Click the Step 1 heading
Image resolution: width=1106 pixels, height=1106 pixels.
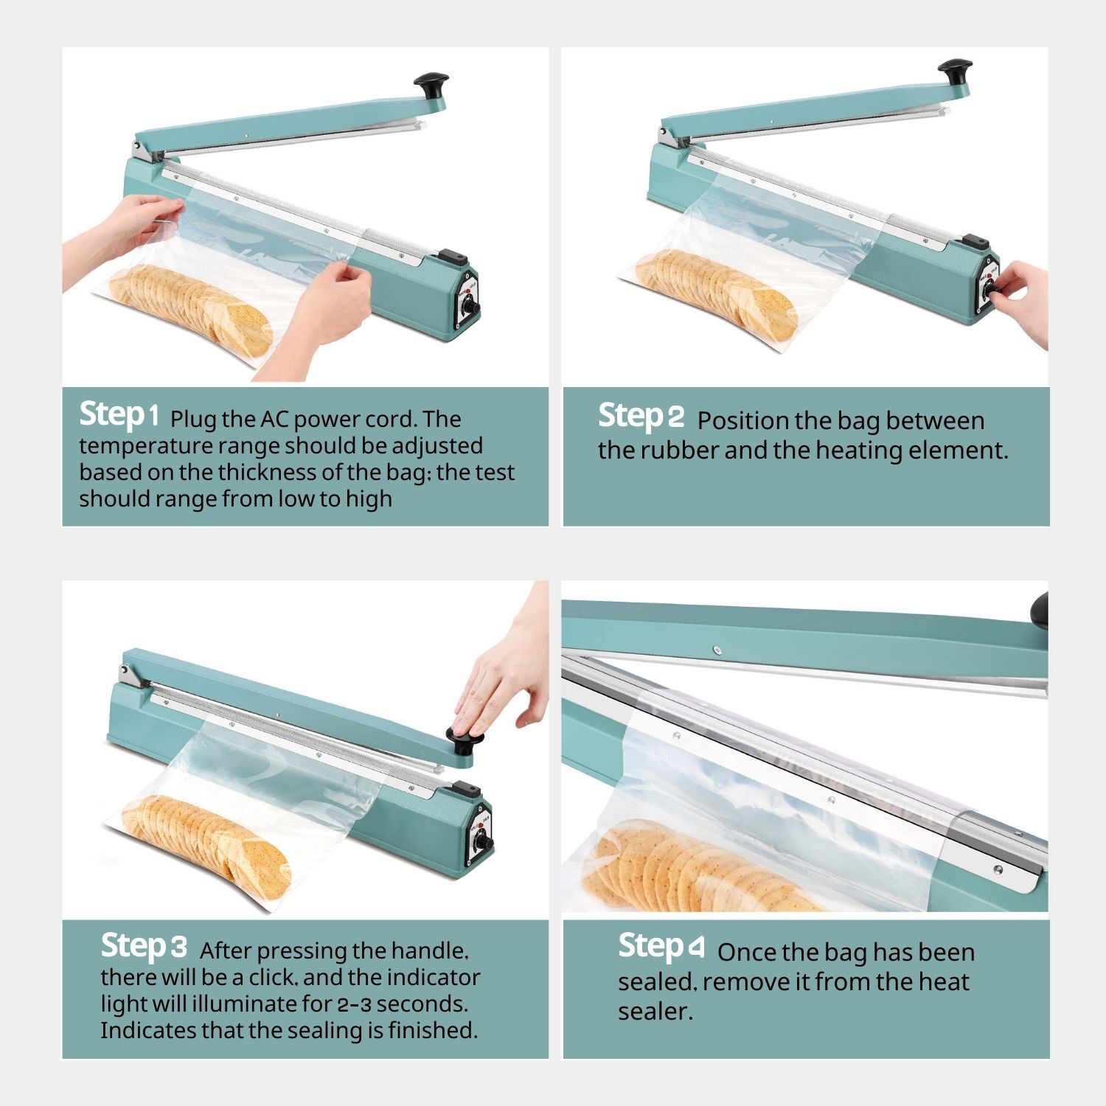(x=119, y=415)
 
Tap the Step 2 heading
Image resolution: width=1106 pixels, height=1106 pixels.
(x=640, y=417)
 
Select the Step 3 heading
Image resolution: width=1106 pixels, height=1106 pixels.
(x=143, y=947)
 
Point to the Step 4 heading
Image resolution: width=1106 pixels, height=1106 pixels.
(x=661, y=947)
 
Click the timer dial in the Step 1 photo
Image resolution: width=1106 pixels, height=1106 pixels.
(x=470, y=307)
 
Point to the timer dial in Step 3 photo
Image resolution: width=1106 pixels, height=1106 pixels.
(x=483, y=841)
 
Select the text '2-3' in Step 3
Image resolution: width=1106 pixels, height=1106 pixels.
(x=355, y=1004)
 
